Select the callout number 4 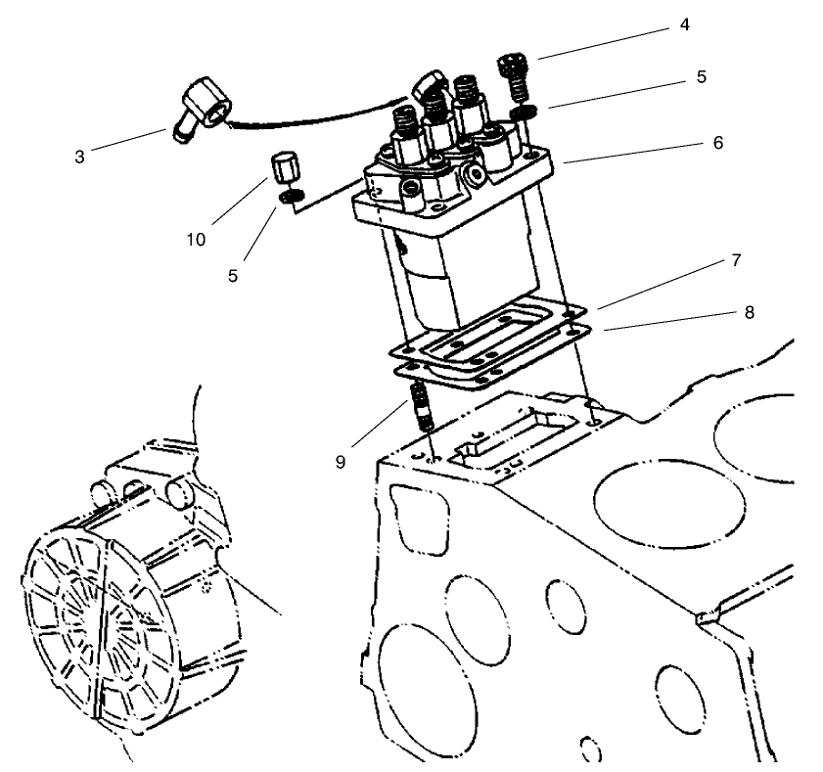[x=685, y=25]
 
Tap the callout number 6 [x=717, y=143]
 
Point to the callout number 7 [x=735, y=261]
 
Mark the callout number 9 [x=340, y=461]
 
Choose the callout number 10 [x=197, y=239]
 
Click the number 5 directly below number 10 [x=233, y=276]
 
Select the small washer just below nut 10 [x=289, y=198]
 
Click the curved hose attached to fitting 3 [x=313, y=118]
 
